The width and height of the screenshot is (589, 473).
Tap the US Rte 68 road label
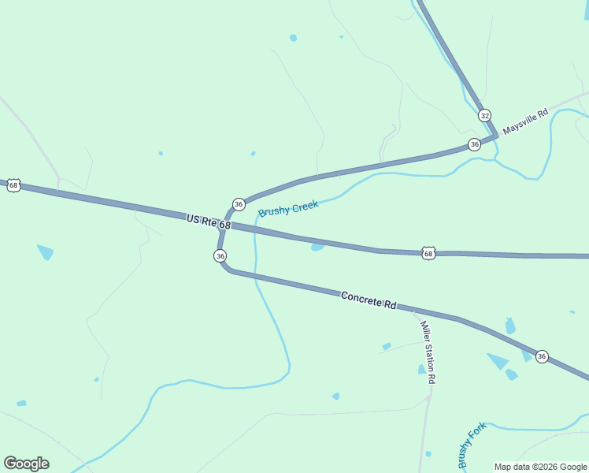[x=209, y=221]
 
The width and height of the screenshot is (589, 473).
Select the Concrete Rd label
[x=368, y=300]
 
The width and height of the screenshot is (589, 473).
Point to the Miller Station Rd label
[x=428, y=352]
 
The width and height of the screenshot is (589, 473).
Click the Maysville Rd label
[x=524, y=122]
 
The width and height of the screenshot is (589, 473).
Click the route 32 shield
[x=484, y=115]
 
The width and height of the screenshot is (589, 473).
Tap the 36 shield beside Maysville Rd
[x=474, y=144]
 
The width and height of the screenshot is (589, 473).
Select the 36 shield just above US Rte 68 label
[x=239, y=204]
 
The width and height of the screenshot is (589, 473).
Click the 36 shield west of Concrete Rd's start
[x=220, y=255]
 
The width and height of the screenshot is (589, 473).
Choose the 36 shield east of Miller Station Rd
[x=542, y=356]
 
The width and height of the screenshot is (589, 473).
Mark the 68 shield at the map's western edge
[x=13, y=185]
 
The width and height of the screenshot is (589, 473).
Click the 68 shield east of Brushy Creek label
[x=428, y=253]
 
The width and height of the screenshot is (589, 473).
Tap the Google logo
[x=26, y=464]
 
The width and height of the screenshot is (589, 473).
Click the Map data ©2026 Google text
[x=540, y=467]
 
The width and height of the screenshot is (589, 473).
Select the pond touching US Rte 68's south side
[x=317, y=247]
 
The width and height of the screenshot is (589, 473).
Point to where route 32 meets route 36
[x=496, y=136]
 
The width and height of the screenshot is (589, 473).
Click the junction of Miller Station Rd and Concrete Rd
[x=416, y=311]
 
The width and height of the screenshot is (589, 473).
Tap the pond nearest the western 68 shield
[x=46, y=252]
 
